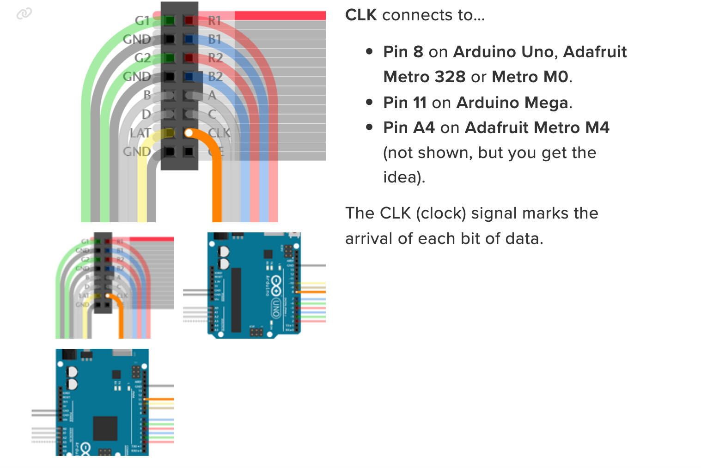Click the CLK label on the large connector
(219, 133)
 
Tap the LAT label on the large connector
(140, 133)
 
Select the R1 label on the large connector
(214, 21)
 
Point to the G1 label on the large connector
(142, 21)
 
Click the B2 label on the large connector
(215, 76)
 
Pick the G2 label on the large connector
(143, 58)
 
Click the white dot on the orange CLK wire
(189, 133)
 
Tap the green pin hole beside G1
(170, 20)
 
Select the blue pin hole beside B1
(189, 39)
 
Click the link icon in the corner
(24, 14)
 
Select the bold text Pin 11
(404, 103)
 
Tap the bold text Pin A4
(408, 128)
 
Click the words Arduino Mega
(512, 103)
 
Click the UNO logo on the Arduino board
(276, 307)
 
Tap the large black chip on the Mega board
(105, 428)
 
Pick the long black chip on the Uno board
(236, 300)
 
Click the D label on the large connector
(146, 114)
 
